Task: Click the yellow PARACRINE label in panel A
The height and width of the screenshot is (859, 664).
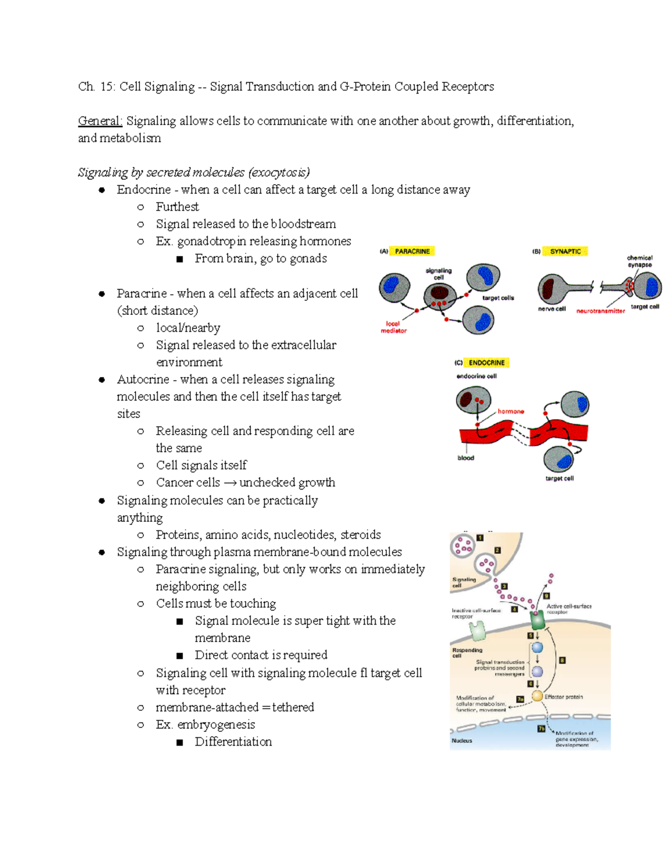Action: click(x=412, y=251)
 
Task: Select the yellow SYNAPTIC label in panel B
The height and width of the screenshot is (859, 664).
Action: click(x=565, y=251)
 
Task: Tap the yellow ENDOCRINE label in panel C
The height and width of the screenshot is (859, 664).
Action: click(x=486, y=363)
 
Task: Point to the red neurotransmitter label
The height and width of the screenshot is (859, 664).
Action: click(x=600, y=311)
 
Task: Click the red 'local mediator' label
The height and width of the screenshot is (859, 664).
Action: click(x=393, y=327)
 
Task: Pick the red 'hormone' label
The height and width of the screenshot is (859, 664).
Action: click(x=511, y=412)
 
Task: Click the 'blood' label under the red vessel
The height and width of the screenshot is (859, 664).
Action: click(x=465, y=458)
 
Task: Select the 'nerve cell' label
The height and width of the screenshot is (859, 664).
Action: click(x=552, y=309)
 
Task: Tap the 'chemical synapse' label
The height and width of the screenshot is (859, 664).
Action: click(x=639, y=261)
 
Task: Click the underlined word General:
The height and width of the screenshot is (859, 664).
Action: click(x=100, y=121)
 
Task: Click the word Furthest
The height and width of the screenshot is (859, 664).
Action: click(x=177, y=207)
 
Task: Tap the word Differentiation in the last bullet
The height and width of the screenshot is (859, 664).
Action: click(x=233, y=742)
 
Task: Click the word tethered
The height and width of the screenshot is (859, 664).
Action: click(x=293, y=707)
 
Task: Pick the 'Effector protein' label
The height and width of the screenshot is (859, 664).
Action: click(x=563, y=697)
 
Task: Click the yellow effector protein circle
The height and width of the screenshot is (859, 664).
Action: click(x=537, y=696)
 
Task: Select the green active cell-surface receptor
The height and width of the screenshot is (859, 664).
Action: click(x=537, y=620)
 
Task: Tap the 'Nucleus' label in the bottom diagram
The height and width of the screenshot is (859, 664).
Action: click(x=461, y=741)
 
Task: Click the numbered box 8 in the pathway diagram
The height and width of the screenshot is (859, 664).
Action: click(x=562, y=660)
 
